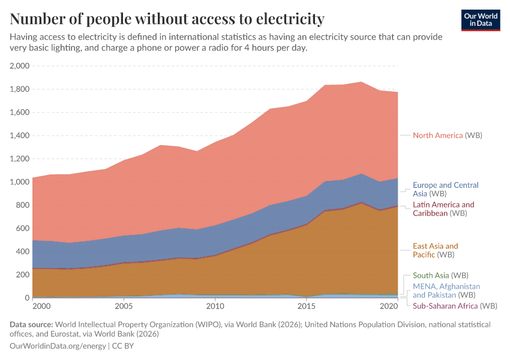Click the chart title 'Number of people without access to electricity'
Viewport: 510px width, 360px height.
coord(167,19)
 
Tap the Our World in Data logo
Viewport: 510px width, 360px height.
coord(481,20)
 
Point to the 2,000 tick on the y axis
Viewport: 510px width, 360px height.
coord(20,66)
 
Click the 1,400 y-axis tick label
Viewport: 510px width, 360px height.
coord(20,136)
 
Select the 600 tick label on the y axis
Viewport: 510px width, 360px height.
coord(23,229)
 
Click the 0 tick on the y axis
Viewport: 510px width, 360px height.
coord(26,298)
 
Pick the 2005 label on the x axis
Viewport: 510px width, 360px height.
coord(124,307)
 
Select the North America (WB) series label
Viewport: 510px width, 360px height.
coord(447,136)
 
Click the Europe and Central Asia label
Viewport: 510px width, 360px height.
coord(445,190)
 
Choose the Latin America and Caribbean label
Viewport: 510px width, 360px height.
coord(443,209)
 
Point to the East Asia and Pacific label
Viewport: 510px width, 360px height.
coord(435,250)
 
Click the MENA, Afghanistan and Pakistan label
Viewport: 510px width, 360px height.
coord(446,291)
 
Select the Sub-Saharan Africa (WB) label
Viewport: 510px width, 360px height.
coord(455,306)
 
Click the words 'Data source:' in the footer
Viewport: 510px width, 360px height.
coord(34,325)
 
